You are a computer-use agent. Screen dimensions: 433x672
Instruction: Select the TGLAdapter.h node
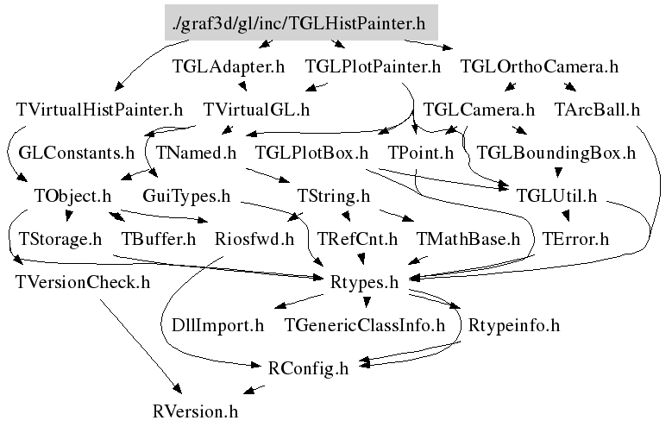[229, 66]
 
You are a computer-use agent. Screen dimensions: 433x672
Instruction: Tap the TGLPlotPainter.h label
[373, 66]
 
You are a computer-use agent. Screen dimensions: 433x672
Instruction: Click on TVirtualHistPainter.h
[100, 110]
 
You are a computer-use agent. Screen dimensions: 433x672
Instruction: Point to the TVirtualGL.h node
[256, 110]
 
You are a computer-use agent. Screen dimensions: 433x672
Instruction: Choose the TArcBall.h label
[597, 110]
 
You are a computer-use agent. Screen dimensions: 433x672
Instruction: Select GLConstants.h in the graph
[77, 154]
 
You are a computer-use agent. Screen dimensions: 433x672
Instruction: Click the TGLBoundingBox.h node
[556, 154]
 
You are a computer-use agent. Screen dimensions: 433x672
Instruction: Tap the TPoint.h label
[421, 154]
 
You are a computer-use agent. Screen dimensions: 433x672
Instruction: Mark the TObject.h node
[73, 197]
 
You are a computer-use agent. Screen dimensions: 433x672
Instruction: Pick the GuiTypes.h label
[186, 197]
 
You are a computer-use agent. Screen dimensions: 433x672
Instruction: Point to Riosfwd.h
[254, 238]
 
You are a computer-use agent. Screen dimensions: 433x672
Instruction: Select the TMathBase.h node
[468, 238]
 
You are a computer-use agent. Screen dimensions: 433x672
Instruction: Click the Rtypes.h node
[365, 281]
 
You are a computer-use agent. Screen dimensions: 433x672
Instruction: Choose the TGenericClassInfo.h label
[364, 326]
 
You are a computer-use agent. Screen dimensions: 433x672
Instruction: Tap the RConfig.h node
[309, 368]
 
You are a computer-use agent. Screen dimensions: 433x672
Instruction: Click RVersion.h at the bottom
[194, 411]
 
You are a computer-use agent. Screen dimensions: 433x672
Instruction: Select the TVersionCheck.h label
[83, 281]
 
